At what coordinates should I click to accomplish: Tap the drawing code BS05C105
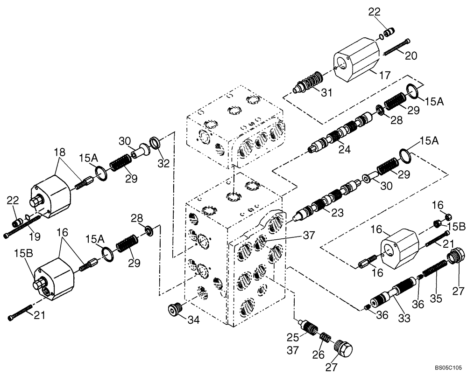coord(448,367)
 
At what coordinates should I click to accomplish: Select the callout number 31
coord(325,92)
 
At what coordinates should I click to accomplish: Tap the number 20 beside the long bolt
coord(410,56)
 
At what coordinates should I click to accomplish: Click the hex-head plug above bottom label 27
coord(343,347)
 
